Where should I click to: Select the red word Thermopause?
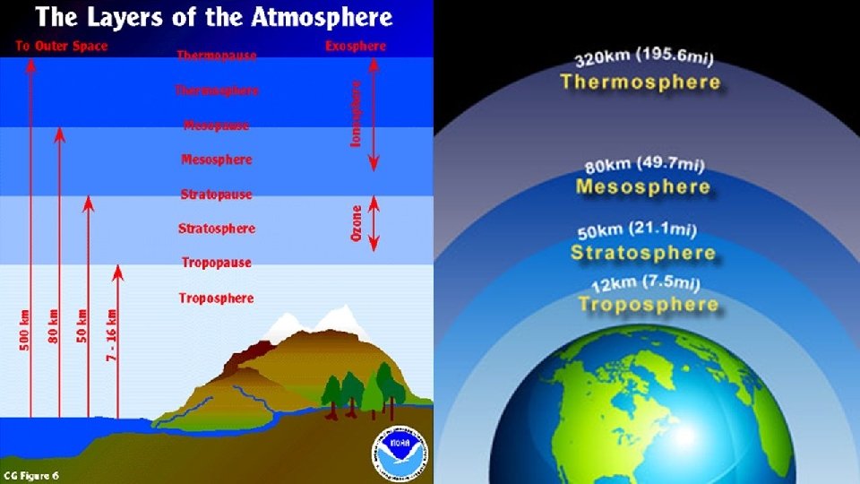pyautogui.click(x=216, y=56)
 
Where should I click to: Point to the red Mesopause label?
pyautogui.click(x=216, y=125)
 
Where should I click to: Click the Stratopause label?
pyautogui.click(x=216, y=194)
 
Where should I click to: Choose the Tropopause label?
pyautogui.click(x=216, y=264)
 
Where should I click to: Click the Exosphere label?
pyautogui.click(x=356, y=46)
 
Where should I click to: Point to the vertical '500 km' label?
pyautogui.click(x=25, y=331)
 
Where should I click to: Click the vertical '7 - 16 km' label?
pyautogui.click(x=112, y=331)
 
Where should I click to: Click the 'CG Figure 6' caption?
pyautogui.click(x=33, y=472)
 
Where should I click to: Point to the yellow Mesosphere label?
pyautogui.click(x=642, y=187)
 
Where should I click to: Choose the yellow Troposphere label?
pyautogui.click(x=648, y=305)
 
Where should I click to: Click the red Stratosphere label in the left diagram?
pyautogui.click(x=216, y=229)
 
